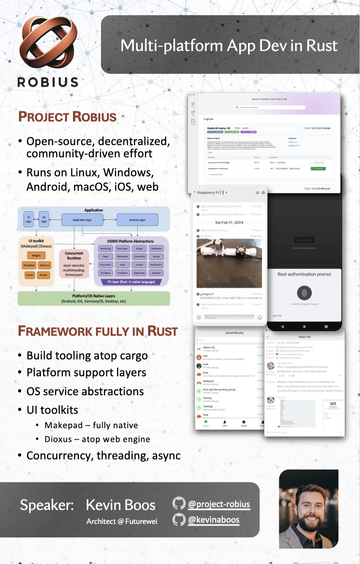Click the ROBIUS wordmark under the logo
pyautogui.click(x=47, y=81)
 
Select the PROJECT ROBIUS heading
pyautogui.click(x=67, y=116)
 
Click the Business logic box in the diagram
pyautogui.click(x=137, y=220)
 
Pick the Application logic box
pyautogui.click(x=82, y=220)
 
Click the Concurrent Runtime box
pyautogui.click(x=74, y=265)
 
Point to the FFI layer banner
pyautogui.click(x=131, y=282)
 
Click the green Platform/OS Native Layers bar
pyautogui.click(x=93, y=298)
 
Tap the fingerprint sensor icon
pyautogui.click(x=304, y=293)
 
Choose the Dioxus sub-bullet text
pyautogui.click(x=97, y=439)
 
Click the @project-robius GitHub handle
pyautogui.click(x=219, y=504)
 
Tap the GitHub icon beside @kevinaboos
pyautogui.click(x=179, y=520)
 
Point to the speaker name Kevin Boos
pyautogui.click(x=120, y=505)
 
